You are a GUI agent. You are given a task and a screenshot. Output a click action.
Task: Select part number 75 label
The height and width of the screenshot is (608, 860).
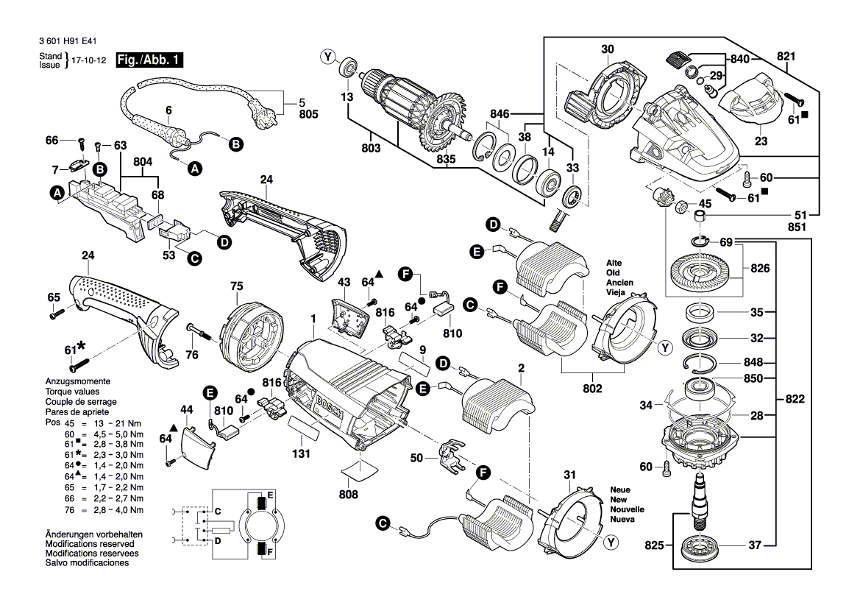click(236, 286)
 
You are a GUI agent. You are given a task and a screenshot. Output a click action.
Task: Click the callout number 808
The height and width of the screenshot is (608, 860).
click(349, 495)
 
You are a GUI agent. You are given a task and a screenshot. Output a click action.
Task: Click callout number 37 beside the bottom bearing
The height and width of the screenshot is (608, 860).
click(756, 545)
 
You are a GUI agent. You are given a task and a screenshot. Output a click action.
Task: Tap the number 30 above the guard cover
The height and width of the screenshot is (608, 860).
click(607, 49)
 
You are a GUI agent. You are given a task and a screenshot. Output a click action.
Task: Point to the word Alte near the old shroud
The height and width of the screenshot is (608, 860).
click(614, 263)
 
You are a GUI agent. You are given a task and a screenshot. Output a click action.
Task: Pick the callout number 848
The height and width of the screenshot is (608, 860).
click(756, 362)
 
